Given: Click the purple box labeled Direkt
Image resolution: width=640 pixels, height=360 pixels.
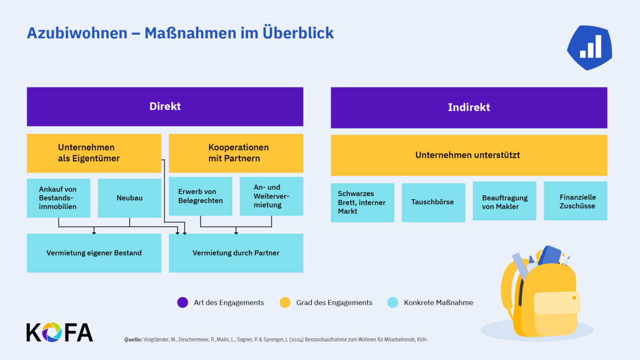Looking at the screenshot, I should pyautogui.click(x=165, y=106).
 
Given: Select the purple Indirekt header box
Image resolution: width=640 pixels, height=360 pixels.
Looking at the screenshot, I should pyautogui.click(x=469, y=107).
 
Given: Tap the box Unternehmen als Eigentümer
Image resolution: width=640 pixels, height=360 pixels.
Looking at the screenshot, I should pyautogui.click(x=94, y=153).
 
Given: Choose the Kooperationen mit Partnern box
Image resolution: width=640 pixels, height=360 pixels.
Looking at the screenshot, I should pyautogui.click(x=236, y=153).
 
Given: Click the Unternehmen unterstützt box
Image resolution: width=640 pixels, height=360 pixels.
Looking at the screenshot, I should pyautogui.click(x=469, y=155).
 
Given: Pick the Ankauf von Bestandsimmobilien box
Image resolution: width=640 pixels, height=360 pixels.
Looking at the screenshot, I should pyautogui.click(x=58, y=198).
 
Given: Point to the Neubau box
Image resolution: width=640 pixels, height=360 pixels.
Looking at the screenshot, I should pyautogui.click(x=130, y=198).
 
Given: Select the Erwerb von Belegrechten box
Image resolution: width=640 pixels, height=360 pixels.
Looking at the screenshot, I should pyautogui.click(x=201, y=196).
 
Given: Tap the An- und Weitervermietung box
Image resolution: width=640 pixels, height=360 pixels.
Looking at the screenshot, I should pyautogui.click(x=272, y=196).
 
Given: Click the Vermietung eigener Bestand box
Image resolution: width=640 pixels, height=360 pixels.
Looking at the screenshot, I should pyautogui.click(x=94, y=253).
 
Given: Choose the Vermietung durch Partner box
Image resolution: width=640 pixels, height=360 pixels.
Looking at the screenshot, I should pyautogui.click(x=236, y=253).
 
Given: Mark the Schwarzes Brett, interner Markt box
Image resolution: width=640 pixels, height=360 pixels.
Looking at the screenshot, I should pyautogui.click(x=362, y=202).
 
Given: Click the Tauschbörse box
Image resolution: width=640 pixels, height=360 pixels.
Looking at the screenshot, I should pyautogui.click(x=433, y=202).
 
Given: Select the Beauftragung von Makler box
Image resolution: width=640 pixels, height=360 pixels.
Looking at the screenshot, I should pyautogui.click(x=504, y=201).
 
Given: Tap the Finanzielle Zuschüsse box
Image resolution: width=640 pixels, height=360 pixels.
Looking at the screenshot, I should pyautogui.click(x=575, y=201).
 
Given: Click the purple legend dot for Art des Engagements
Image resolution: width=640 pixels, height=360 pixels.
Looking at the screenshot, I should pyautogui.click(x=182, y=303).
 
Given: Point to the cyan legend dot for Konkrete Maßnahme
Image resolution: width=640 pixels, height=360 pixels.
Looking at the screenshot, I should pyautogui.click(x=393, y=303).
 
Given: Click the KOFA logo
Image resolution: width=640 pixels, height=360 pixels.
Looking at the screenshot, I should pyautogui.click(x=59, y=332).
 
